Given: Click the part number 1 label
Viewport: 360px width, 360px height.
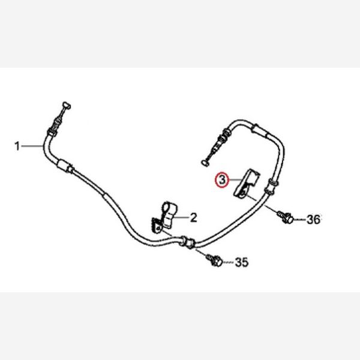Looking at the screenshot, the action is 17,146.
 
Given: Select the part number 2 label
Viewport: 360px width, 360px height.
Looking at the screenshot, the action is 194,217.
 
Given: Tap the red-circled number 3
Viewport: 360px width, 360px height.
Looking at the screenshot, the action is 222,180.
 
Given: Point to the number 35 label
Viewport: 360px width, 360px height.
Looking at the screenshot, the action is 242,262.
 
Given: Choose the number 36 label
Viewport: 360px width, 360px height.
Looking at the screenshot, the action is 313,220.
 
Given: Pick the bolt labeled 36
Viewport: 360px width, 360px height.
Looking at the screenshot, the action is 286,216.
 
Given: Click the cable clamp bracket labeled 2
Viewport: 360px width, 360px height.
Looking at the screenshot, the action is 164,217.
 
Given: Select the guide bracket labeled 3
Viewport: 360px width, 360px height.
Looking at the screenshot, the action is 246,183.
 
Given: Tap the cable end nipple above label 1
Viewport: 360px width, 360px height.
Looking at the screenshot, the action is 67,106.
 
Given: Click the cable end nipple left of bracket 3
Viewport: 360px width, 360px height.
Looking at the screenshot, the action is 205,163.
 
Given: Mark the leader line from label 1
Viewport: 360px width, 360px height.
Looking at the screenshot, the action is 32,146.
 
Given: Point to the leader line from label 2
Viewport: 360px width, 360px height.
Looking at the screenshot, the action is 181,217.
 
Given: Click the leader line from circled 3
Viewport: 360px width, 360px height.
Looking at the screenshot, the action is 235,180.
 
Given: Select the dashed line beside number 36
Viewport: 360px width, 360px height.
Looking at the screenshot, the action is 300,220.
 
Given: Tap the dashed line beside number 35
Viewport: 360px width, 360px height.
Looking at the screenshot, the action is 229,262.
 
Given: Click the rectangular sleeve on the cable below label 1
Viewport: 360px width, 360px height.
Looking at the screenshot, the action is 63,165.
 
